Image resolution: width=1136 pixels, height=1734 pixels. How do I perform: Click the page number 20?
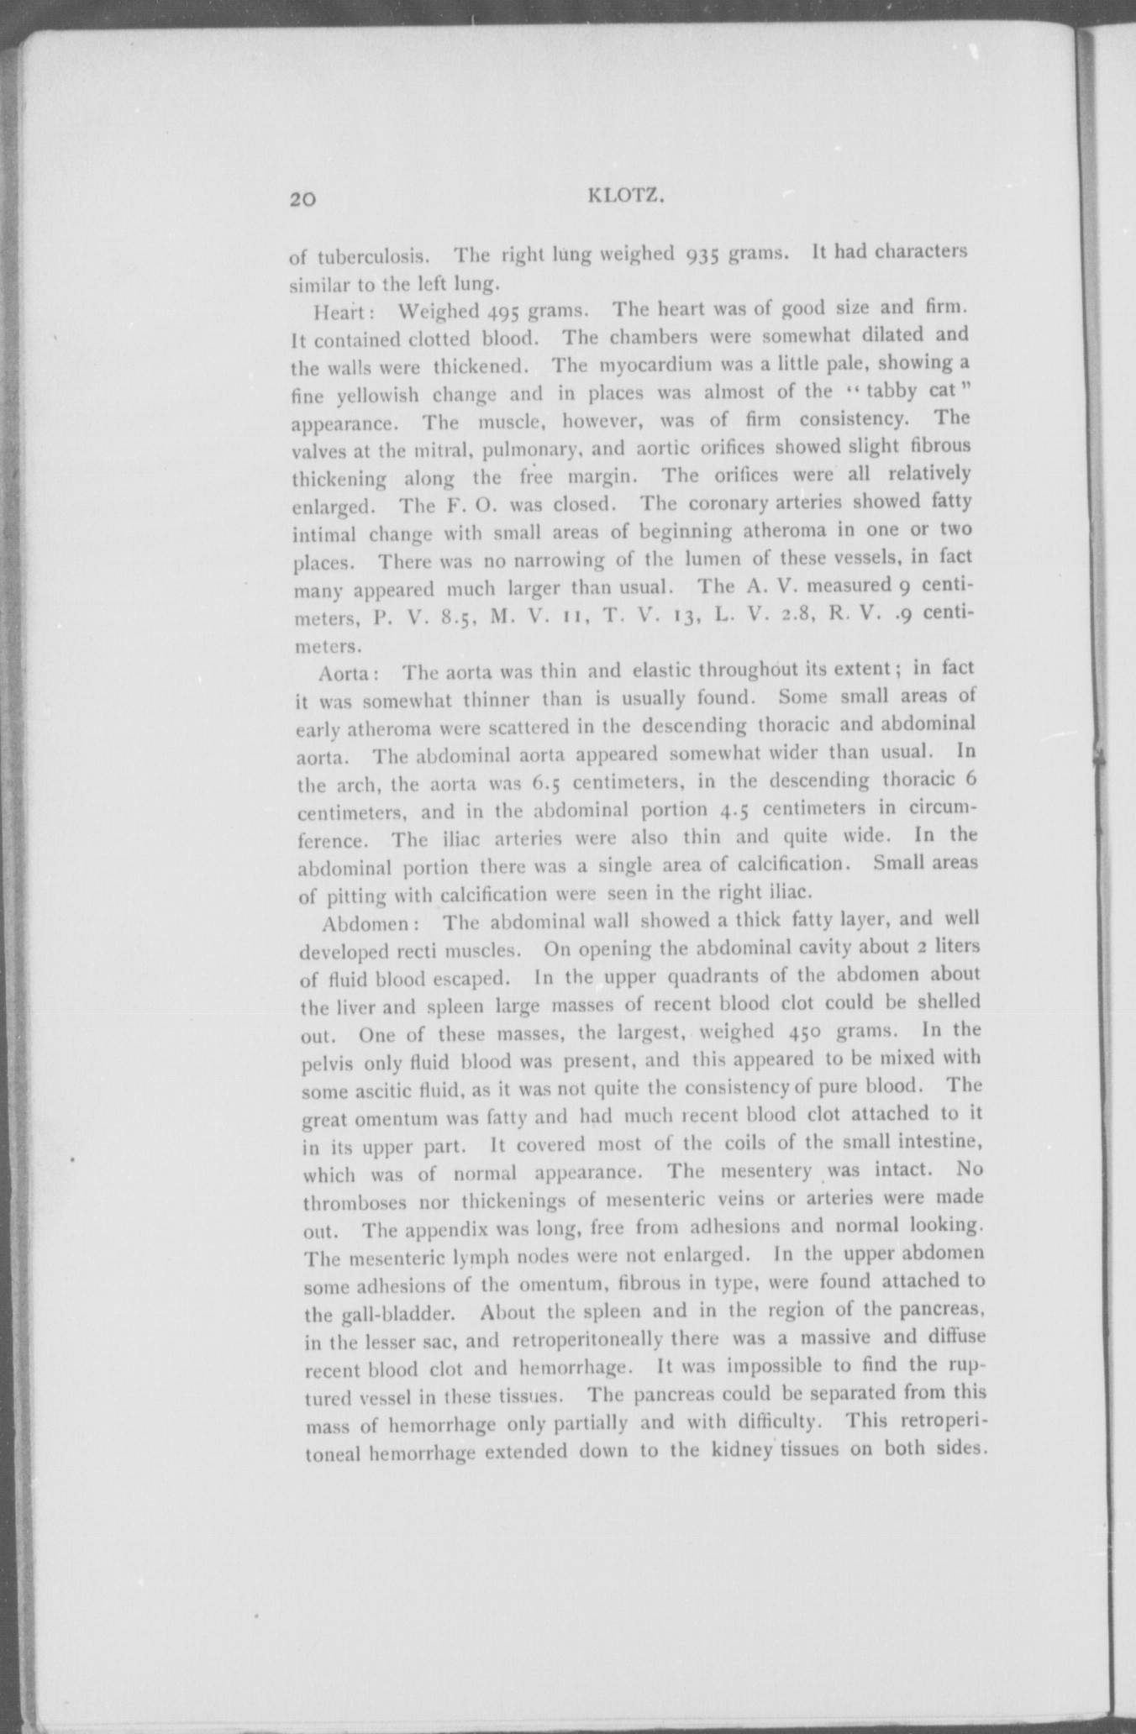(x=302, y=199)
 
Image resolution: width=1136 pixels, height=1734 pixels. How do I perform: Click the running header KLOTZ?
(x=628, y=197)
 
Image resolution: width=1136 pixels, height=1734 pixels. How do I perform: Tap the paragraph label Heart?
(x=337, y=312)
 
